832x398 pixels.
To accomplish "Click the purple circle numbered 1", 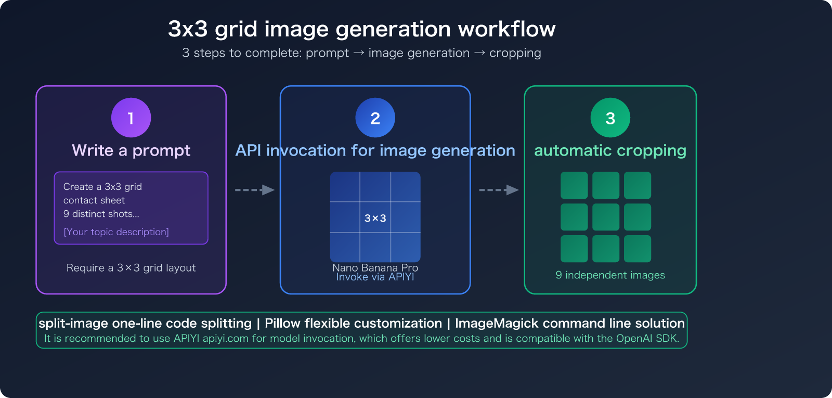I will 131,118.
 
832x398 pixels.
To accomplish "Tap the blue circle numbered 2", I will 375,118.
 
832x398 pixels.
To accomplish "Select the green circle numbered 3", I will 610,118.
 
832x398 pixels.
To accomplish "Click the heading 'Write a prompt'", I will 131,150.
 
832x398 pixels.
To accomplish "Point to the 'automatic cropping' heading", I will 610,150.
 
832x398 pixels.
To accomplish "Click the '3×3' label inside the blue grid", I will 375,218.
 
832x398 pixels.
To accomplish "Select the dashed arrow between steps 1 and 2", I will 254,190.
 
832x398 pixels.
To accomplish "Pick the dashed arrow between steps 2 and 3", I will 498,190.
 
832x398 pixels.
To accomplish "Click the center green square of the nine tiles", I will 606,217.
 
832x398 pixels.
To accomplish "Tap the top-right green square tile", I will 638,185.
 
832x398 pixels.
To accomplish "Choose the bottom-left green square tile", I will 574,249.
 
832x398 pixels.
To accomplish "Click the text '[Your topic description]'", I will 116,232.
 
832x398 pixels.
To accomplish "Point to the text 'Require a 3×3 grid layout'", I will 131,268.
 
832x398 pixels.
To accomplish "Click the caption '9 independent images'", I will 610,275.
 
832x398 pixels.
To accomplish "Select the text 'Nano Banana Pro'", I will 375,267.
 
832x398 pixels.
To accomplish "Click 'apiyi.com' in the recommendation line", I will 225,339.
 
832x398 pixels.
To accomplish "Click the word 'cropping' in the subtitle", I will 515,53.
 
